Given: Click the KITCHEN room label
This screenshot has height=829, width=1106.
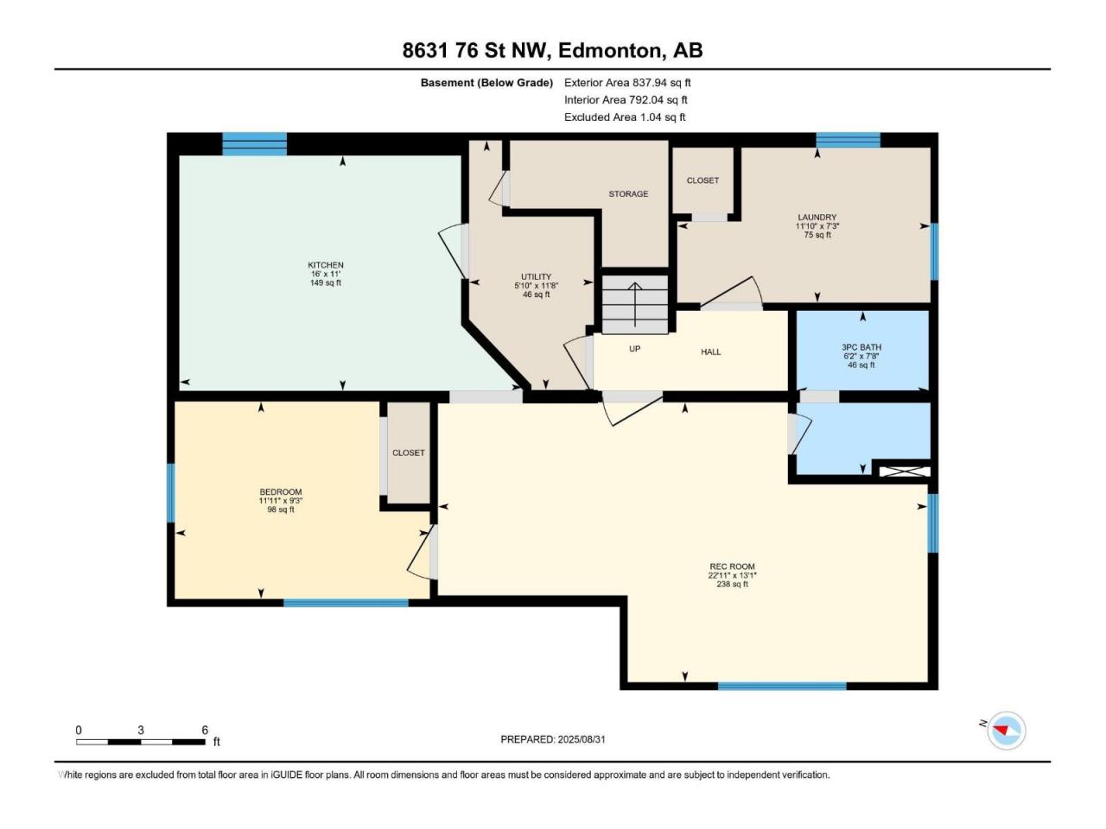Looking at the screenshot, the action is (x=326, y=265).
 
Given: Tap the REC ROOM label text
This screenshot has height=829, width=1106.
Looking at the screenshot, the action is (x=732, y=566).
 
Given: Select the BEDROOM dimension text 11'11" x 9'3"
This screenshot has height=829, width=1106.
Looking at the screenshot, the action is (x=281, y=500).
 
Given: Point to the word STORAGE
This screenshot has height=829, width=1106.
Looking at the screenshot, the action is (x=628, y=193).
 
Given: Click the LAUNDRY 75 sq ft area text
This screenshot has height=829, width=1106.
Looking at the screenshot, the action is (x=817, y=235).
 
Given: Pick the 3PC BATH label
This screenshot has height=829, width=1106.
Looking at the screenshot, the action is (x=861, y=347).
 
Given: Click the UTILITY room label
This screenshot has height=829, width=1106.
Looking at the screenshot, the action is (x=536, y=277).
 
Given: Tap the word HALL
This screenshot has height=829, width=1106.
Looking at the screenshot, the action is (x=711, y=351).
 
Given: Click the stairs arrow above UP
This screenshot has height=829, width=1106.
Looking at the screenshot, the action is (x=635, y=305).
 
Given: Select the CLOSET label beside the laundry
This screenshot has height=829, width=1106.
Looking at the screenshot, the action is (x=702, y=180).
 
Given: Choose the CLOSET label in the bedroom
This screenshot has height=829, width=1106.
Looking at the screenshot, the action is (x=408, y=453).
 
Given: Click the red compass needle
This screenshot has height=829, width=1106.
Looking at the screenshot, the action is (x=1000, y=730).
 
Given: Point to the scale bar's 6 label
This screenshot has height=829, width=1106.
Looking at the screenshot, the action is (x=205, y=731).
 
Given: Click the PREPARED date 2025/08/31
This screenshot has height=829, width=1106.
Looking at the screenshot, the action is (x=581, y=739).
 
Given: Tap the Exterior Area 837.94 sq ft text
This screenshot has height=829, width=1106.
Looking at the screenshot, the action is (x=627, y=83).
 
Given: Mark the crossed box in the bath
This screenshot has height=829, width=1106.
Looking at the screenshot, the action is (x=905, y=471).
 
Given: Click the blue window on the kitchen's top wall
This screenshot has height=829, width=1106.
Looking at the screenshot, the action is (x=254, y=144).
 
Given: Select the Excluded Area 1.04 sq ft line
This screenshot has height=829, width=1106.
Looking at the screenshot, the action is (x=625, y=117).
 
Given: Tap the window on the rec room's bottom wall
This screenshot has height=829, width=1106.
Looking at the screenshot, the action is (x=781, y=686).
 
